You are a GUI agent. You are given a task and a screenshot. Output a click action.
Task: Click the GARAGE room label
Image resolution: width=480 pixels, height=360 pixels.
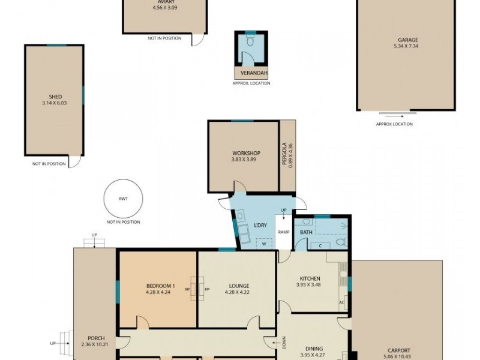408,40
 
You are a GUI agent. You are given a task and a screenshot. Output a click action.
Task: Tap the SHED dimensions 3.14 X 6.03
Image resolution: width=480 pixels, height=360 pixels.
54,103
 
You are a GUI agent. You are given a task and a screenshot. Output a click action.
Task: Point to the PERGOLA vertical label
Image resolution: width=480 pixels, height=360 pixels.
284,154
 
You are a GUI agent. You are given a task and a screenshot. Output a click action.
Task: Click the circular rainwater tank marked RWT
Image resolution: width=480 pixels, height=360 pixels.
123,199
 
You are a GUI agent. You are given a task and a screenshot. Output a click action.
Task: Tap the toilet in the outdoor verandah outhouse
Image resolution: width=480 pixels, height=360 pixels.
250,41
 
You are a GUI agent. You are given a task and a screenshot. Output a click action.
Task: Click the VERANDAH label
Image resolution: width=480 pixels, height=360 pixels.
254,73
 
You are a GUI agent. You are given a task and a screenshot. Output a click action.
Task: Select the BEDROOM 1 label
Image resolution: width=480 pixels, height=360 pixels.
160,286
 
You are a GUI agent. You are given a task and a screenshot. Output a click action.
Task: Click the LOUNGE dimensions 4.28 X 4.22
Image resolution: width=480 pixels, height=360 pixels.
237,292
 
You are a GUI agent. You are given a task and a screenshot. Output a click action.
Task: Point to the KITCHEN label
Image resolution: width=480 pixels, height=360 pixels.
310,278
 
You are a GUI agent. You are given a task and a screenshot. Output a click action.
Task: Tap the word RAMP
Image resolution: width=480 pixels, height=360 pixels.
283,232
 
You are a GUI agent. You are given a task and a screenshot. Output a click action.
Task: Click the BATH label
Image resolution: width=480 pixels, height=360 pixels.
306,232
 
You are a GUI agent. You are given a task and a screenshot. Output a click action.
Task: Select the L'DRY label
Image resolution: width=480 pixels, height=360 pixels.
260,226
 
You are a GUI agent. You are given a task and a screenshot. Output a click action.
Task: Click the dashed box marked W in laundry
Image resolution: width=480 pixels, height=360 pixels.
263,244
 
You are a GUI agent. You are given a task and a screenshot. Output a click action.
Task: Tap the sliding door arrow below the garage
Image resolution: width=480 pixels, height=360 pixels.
394,116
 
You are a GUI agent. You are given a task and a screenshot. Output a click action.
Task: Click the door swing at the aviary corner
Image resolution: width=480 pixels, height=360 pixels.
198,40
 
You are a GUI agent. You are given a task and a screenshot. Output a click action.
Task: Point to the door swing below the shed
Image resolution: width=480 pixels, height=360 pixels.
74,161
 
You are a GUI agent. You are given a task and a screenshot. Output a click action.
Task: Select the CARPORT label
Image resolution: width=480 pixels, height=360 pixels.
399,350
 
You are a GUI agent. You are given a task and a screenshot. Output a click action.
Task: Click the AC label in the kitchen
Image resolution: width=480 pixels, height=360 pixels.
341,303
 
